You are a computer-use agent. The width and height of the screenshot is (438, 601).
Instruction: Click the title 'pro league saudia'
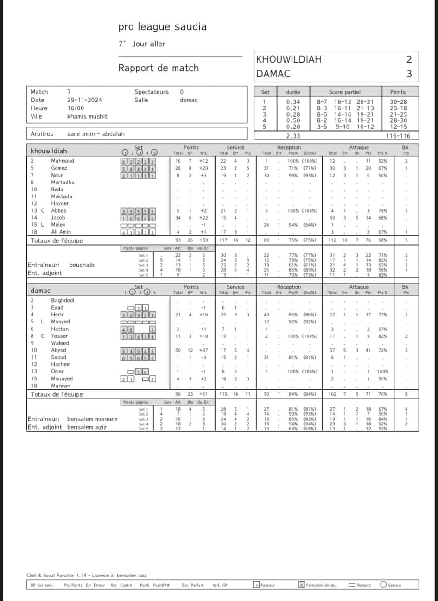(162, 27)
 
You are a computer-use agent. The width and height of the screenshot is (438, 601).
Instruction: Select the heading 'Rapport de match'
(159, 68)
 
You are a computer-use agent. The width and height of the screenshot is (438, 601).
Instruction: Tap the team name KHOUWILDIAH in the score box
(289, 59)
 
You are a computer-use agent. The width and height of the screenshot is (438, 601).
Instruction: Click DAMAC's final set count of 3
(409, 74)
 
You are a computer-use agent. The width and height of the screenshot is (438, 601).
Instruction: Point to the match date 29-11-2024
(84, 100)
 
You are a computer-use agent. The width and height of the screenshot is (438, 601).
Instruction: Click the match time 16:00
(76, 108)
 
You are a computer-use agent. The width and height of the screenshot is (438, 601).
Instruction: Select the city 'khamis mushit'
(87, 116)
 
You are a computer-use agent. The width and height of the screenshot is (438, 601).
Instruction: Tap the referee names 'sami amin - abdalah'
(96, 134)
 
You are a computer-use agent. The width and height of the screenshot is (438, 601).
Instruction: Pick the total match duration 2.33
(293, 136)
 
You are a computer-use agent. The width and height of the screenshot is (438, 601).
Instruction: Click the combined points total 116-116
(397, 136)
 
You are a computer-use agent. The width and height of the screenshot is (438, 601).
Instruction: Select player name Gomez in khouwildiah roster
(59, 168)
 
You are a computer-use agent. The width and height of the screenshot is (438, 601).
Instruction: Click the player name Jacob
(58, 218)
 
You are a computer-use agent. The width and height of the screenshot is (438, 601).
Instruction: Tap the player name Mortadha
(63, 183)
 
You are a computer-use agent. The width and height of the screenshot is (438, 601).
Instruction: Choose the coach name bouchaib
(82, 265)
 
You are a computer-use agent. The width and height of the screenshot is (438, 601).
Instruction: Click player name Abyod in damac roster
(58, 350)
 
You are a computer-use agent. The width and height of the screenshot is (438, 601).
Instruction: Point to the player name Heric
(57, 315)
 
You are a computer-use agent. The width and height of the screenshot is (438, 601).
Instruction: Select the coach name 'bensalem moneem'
(92, 419)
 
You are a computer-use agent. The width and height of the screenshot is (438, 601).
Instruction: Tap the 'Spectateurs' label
(152, 92)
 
